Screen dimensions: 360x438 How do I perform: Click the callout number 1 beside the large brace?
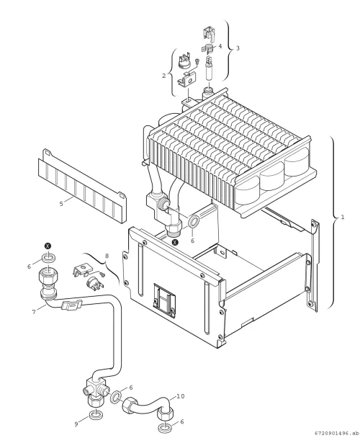[x=343, y=217]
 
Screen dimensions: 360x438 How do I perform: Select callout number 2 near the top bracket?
[x=164, y=76]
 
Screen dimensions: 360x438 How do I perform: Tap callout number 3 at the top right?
[x=238, y=48]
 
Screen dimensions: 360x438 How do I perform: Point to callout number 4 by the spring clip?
[x=220, y=46]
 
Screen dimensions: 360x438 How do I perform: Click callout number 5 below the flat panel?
[x=61, y=204]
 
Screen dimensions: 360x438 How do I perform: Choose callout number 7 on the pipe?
[x=34, y=312]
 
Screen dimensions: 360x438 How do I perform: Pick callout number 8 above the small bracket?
[x=107, y=256]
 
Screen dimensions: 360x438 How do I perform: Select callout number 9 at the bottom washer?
[x=76, y=424]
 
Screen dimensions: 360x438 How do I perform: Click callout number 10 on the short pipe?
[x=181, y=396]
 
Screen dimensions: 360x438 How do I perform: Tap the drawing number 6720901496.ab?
[x=336, y=433]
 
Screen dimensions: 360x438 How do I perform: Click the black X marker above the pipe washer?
[x=48, y=246]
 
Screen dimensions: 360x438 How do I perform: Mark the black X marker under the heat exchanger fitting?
[x=175, y=242]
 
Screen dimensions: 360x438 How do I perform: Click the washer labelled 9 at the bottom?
[x=96, y=414]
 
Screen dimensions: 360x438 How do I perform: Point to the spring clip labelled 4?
[x=208, y=48]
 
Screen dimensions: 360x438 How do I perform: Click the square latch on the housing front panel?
[x=164, y=300]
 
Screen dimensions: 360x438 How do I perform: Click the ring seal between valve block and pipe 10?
[x=116, y=397]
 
